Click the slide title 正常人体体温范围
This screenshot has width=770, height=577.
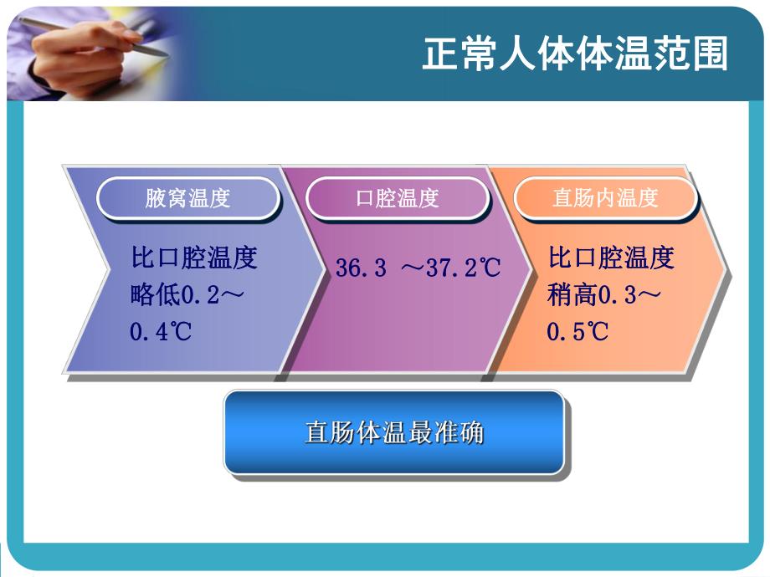click(x=575, y=54)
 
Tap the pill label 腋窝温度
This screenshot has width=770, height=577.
click(x=187, y=198)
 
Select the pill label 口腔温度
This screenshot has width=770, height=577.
click(x=397, y=198)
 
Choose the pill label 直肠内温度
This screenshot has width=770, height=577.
click(x=605, y=198)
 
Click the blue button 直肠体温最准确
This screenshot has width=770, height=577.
click(x=393, y=433)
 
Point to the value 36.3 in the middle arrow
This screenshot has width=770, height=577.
click(x=361, y=268)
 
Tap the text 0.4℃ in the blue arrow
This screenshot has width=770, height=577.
click(x=161, y=331)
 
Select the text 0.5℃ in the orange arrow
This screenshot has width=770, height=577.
click(x=577, y=331)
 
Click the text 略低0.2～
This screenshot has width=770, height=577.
click(x=187, y=294)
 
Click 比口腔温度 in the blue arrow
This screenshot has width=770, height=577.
click(x=193, y=258)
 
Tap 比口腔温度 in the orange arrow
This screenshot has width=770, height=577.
click(x=611, y=258)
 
